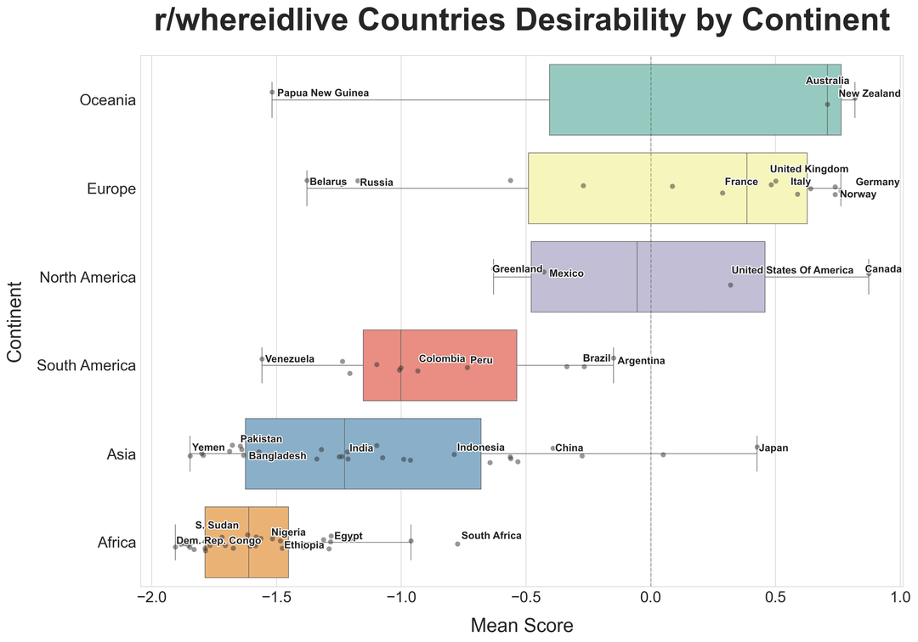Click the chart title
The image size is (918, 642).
pos(523,21)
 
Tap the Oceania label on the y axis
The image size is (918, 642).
pos(107,100)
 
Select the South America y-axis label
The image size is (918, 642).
pos(87,365)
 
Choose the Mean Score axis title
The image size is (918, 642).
pos(522,626)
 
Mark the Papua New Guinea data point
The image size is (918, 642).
pos(272,92)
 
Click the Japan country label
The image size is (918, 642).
pos(774,448)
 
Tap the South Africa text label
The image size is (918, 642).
pos(491,536)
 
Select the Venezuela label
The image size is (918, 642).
pos(290,359)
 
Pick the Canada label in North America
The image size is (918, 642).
pos(883,269)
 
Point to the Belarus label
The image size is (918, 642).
pos(328,182)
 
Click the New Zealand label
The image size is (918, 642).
pos(869,93)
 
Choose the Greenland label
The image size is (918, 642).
pos(517,269)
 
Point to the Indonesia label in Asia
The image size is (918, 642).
pos(480,448)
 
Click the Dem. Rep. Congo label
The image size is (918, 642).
pos(218,541)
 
